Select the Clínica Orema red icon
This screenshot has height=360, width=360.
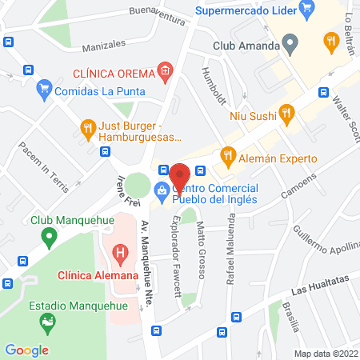pyautogui.click(x=165, y=72)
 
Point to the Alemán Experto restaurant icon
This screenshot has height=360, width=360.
pyautogui.click(x=228, y=154)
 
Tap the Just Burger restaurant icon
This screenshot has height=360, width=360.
pyautogui.click(x=87, y=126)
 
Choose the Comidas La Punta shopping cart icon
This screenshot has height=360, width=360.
pyautogui.click(x=45, y=90)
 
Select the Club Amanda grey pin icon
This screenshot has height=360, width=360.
pyautogui.click(x=291, y=43)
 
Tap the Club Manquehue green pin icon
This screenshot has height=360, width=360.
pyautogui.click(x=49, y=237)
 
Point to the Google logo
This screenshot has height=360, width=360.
pyautogui.click(x=26, y=350)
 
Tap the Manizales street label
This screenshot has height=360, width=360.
pyautogui.click(x=104, y=45)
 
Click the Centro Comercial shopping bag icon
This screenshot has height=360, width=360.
pyautogui.click(x=162, y=190)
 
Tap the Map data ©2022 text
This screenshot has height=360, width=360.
pyautogui.click(x=325, y=353)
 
